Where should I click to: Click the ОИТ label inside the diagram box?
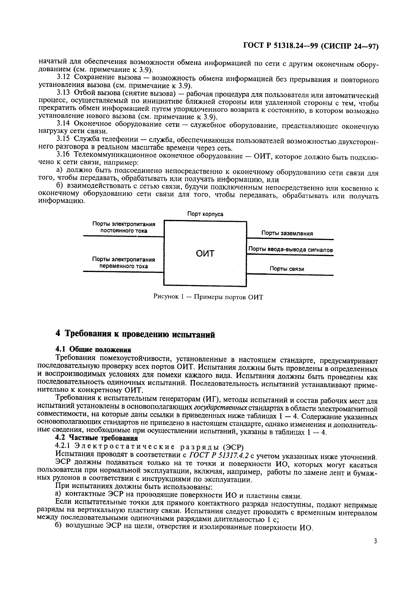coord(205,253)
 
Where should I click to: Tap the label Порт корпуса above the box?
coord(205,214)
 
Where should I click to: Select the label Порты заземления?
coord(287,233)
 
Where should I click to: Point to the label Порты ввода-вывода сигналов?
coord(290,250)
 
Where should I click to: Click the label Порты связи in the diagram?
coord(287,269)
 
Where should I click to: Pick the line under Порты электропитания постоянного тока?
coord(123,236)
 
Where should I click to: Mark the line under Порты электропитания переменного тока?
coord(123,272)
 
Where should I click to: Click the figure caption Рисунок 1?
coord(208,297)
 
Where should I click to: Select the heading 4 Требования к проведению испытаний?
coord(135,335)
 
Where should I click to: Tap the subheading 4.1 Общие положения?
coord(93,350)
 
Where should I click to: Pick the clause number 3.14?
coord(63,124)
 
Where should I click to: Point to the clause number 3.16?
coord(63,155)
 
